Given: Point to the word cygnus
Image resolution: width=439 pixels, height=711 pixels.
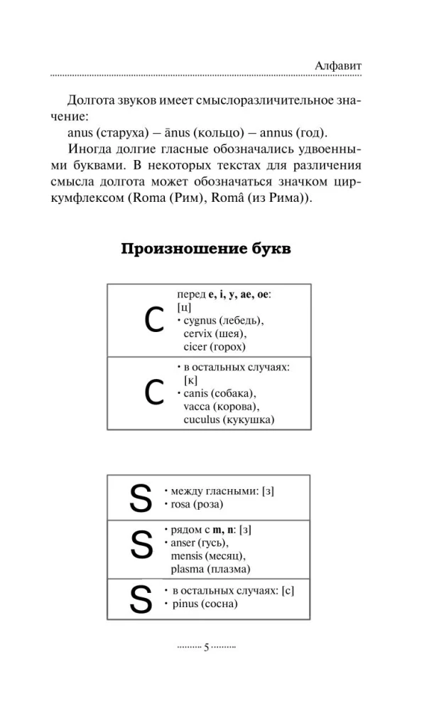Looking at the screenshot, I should (x=200, y=321).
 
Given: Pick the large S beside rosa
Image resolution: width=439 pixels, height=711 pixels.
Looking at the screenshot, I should (x=141, y=498).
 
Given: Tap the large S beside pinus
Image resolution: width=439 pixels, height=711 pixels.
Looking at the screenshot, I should (x=141, y=599).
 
